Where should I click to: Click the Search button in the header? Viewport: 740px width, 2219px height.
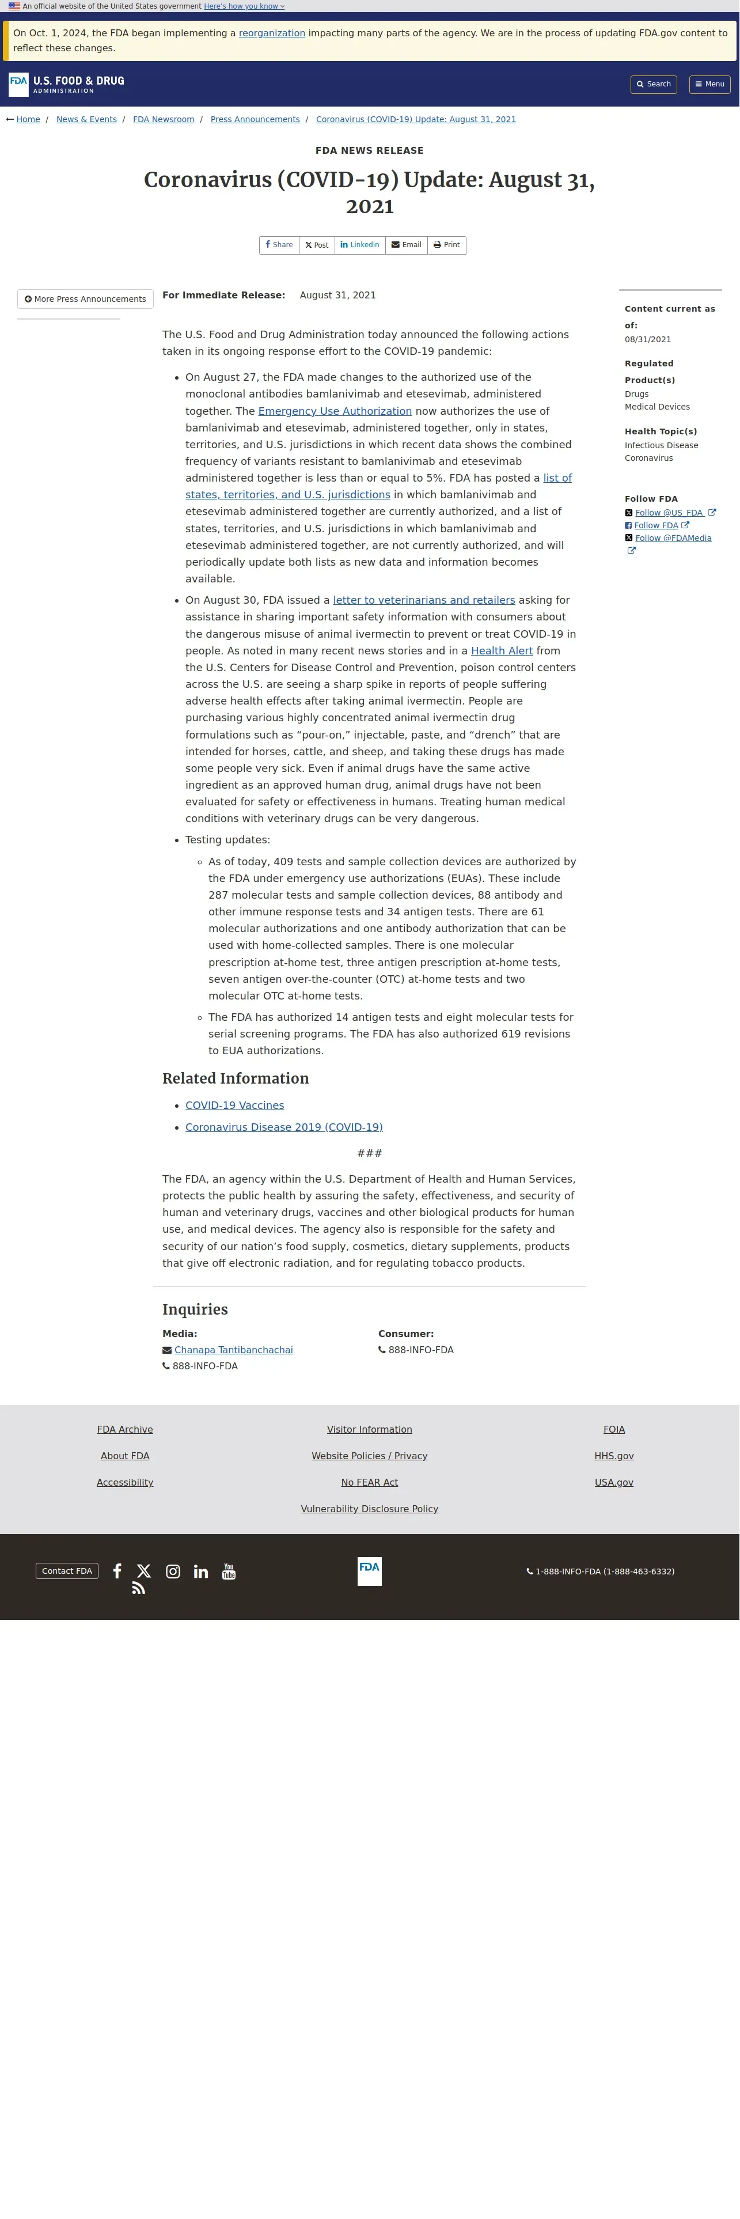click(x=653, y=85)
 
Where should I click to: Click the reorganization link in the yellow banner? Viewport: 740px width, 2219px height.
click(x=271, y=33)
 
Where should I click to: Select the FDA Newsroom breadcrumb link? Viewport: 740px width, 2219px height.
click(x=164, y=120)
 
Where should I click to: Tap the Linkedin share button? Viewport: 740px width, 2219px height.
click(x=359, y=245)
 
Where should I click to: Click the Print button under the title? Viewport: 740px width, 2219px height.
click(x=446, y=245)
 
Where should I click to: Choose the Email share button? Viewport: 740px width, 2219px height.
click(x=406, y=245)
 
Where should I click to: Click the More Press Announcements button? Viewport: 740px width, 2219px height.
click(x=85, y=300)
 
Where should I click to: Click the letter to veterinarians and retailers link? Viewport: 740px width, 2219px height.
click(x=424, y=600)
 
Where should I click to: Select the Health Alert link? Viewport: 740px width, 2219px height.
click(x=502, y=651)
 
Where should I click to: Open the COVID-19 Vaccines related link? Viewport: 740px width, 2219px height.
click(x=234, y=1106)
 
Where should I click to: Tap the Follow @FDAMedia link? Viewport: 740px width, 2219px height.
click(x=673, y=539)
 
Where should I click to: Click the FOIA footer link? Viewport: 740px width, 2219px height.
click(x=613, y=1430)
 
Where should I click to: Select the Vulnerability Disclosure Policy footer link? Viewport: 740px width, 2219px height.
click(x=370, y=1509)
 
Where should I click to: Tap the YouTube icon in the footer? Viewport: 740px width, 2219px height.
click(x=228, y=1572)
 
